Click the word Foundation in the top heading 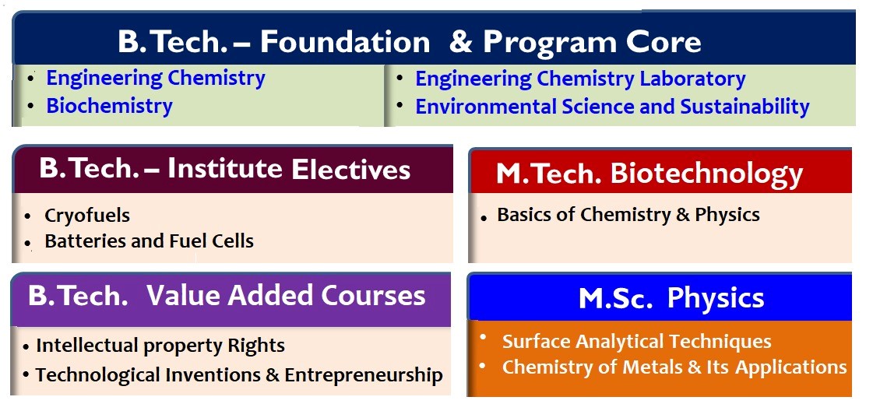[x=345, y=42]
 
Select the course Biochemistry [x=109, y=106]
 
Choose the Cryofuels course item [x=87, y=216]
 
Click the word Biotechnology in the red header [x=706, y=174]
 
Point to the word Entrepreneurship [x=364, y=375]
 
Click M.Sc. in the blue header [x=615, y=298]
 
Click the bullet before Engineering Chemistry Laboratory [x=400, y=79]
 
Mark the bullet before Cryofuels [x=28, y=216]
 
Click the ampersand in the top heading [x=460, y=42]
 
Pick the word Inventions [x=215, y=375]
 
